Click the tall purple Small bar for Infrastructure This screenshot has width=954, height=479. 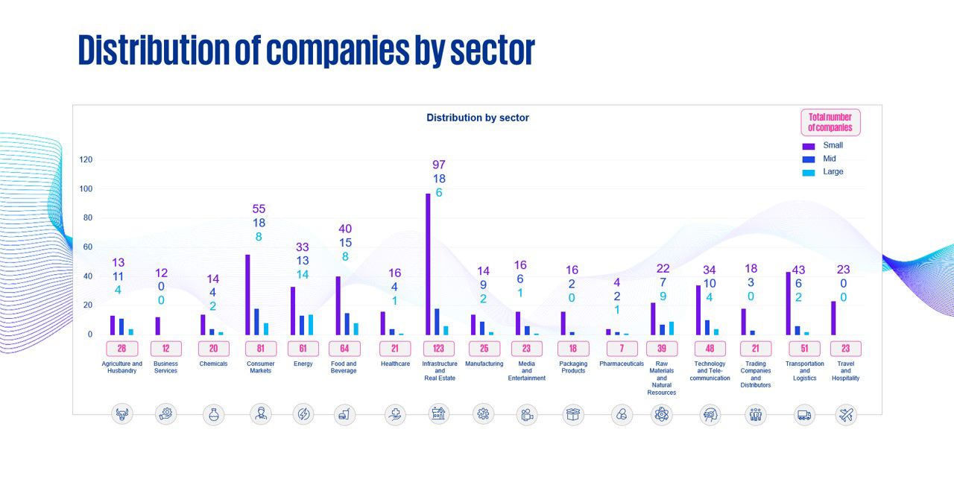click(x=428, y=264)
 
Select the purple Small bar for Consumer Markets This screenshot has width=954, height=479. click(x=247, y=295)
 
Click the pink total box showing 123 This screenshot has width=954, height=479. click(x=439, y=349)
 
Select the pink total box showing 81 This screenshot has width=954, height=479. click(x=261, y=349)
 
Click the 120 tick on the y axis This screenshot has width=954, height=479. click(x=86, y=159)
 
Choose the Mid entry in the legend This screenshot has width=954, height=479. click(x=829, y=159)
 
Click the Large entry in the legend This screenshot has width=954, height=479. click(x=833, y=171)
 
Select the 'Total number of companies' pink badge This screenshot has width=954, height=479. click(x=830, y=122)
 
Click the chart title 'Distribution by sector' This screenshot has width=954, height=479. click(x=478, y=118)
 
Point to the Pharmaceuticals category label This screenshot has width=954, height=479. click(x=622, y=364)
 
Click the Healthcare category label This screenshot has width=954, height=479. click(x=395, y=364)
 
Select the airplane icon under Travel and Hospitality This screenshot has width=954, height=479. click(x=845, y=415)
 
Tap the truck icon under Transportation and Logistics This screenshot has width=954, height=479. click(x=804, y=415)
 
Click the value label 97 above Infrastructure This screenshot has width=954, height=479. click(x=439, y=165)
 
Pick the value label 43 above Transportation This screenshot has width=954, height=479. click(x=798, y=270)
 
